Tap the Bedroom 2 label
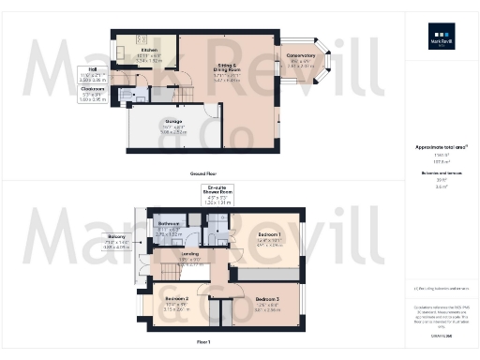pyautogui.click(x=179, y=301)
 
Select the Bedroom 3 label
pyautogui.click(x=267, y=302)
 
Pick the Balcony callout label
pyautogui.click(x=116, y=241)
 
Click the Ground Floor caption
pyautogui.click(x=203, y=174)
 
